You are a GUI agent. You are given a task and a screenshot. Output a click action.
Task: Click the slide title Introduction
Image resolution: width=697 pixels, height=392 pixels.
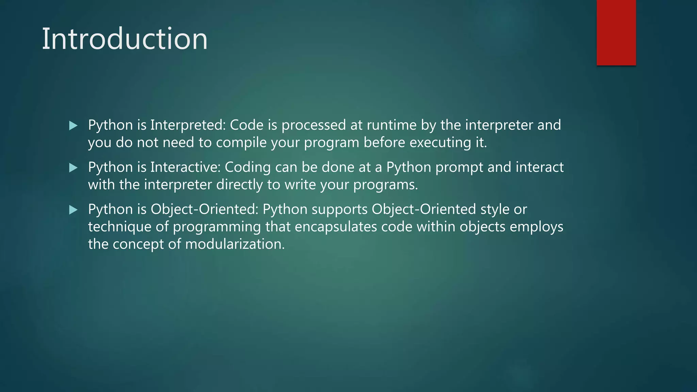(x=125, y=39)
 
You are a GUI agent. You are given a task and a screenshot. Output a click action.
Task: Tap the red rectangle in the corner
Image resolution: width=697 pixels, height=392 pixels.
(x=616, y=33)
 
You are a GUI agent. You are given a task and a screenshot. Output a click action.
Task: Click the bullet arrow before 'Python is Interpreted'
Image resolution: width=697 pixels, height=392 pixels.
(x=73, y=126)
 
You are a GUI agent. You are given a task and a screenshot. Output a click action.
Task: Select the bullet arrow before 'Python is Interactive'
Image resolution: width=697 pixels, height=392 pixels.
(x=73, y=167)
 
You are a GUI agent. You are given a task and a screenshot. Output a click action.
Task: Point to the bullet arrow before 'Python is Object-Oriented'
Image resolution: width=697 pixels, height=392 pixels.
(x=73, y=210)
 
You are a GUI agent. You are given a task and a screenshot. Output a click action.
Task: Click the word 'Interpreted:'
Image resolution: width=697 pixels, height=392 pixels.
(x=188, y=125)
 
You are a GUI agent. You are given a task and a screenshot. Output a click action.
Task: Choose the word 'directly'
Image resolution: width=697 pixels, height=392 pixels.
(x=240, y=185)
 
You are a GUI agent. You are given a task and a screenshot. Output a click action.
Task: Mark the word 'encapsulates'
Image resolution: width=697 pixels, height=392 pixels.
(x=336, y=227)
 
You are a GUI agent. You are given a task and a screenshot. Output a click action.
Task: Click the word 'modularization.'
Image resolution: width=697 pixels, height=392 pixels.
(x=235, y=244)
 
